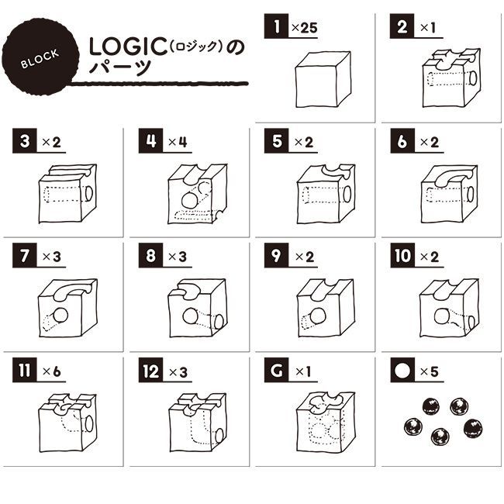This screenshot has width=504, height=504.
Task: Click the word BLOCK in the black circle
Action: [40, 59]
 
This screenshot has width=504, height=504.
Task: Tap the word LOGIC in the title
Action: [128, 47]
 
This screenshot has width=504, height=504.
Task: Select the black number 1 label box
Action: [276, 26]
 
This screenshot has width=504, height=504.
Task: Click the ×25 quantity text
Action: [305, 28]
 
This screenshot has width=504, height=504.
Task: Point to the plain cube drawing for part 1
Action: [323, 79]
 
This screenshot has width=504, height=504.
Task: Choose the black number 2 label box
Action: [402, 26]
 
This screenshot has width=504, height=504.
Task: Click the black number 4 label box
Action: [150, 141]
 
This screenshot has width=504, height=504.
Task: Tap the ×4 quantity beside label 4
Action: [178, 142]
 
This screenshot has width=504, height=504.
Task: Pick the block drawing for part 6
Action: [450, 194]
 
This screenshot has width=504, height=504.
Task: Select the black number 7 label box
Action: [25, 256]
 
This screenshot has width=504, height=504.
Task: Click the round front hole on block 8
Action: [190, 316]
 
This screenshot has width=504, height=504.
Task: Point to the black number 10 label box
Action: [402, 256]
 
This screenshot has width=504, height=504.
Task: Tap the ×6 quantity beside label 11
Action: [51, 371]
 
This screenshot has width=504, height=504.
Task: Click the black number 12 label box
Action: [150, 371]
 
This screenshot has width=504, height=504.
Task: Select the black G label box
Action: [276, 371]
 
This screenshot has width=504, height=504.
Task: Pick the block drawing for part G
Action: [326, 423]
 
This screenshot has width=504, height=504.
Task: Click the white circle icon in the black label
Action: [402, 371]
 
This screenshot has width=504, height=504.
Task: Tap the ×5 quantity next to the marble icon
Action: [429, 371]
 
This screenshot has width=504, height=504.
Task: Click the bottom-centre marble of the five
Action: [440, 437]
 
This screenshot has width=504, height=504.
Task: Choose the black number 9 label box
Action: [276, 256]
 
